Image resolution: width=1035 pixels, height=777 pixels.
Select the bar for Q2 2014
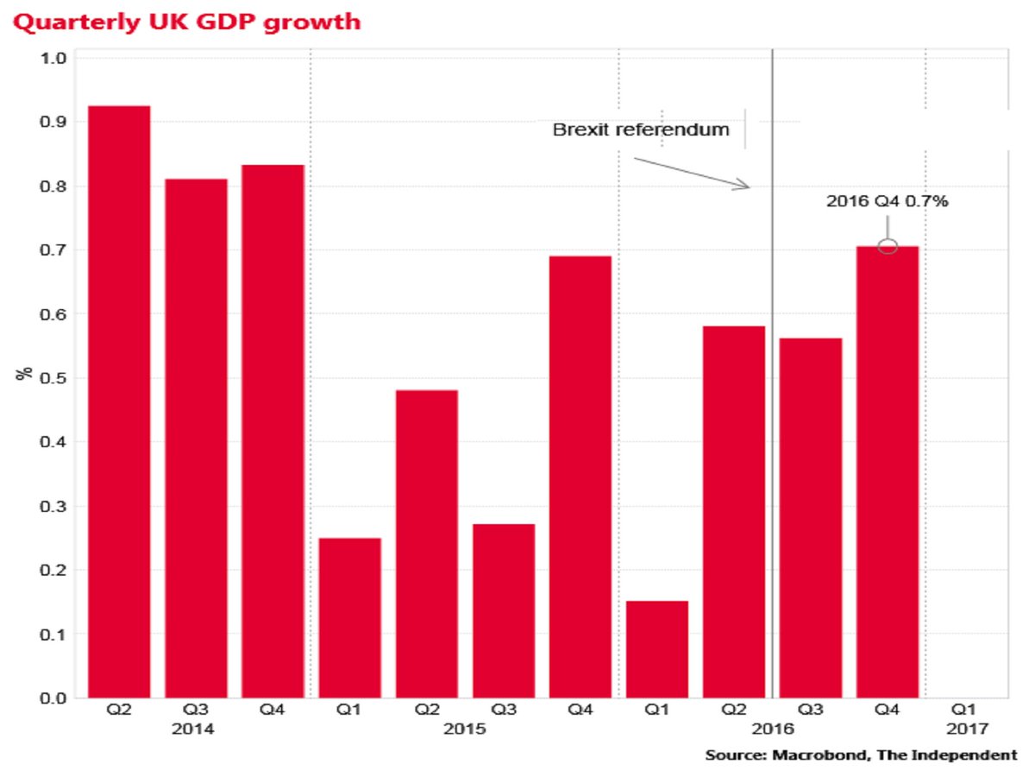(x=119, y=401)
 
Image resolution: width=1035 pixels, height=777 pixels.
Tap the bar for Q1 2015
(x=349, y=617)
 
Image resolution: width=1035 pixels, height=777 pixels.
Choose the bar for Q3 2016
(x=811, y=518)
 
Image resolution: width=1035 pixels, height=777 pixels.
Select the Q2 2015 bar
(x=426, y=544)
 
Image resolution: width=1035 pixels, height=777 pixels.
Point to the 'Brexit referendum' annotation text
(x=641, y=130)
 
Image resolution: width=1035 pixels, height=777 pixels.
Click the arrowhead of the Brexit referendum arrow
(x=747, y=186)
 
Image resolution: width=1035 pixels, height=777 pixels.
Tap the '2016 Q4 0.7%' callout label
(x=888, y=201)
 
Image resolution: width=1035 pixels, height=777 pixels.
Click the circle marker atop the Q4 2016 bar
(x=888, y=246)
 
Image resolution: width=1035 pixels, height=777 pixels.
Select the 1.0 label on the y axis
(x=55, y=59)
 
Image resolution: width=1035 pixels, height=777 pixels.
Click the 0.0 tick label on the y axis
(x=55, y=698)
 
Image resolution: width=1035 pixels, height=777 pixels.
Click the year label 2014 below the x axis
(x=196, y=729)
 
